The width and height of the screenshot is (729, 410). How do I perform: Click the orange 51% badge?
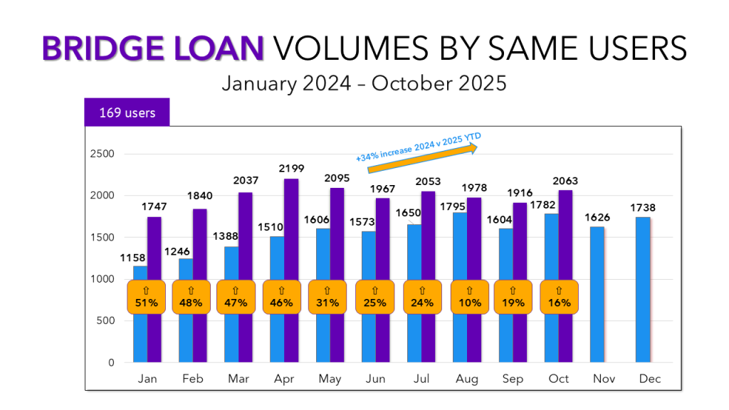click(x=147, y=297)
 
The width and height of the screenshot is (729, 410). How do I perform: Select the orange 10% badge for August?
click(x=469, y=297)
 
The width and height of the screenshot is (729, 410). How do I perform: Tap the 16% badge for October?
click(x=559, y=297)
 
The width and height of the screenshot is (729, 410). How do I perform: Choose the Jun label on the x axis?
click(x=375, y=379)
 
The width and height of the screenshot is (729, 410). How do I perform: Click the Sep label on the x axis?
click(x=513, y=379)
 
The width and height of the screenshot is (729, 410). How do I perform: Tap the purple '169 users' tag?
click(x=127, y=112)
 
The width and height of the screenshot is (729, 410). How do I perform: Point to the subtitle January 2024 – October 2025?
click(x=364, y=83)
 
